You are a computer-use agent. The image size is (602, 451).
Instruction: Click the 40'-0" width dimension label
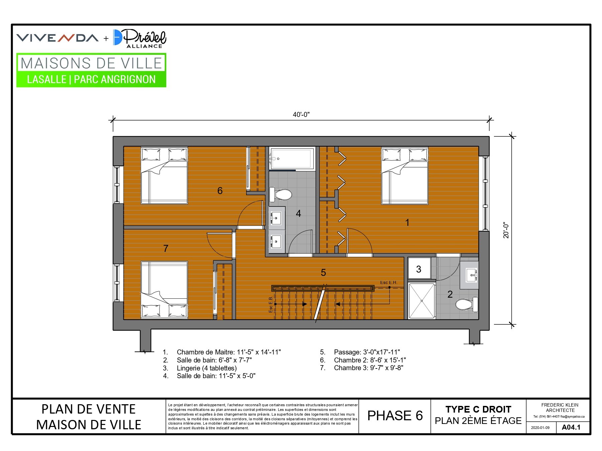301,115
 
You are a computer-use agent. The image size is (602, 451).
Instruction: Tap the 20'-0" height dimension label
506,230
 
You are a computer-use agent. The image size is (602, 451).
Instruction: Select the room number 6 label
220,191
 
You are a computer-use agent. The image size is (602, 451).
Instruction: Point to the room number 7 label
166,248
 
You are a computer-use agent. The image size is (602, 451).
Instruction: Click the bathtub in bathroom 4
292,158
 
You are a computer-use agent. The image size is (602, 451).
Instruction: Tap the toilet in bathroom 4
281,194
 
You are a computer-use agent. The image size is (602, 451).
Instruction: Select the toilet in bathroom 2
467,304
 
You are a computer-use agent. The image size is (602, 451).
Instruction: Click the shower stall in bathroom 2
422,301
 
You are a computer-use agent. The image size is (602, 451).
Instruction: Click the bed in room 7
164,290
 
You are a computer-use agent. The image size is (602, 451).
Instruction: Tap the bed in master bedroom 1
405,176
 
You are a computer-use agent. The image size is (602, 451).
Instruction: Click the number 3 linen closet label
419,269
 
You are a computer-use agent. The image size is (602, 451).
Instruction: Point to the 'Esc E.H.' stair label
389,283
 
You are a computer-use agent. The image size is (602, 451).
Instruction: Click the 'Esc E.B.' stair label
271,304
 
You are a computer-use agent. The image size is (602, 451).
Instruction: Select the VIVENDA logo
58,38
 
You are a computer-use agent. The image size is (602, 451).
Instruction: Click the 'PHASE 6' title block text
395,416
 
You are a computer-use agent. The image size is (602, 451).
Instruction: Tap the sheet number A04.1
571,427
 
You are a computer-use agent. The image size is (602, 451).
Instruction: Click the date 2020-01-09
540,428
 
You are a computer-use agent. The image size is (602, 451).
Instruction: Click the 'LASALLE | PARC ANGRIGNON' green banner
91,80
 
